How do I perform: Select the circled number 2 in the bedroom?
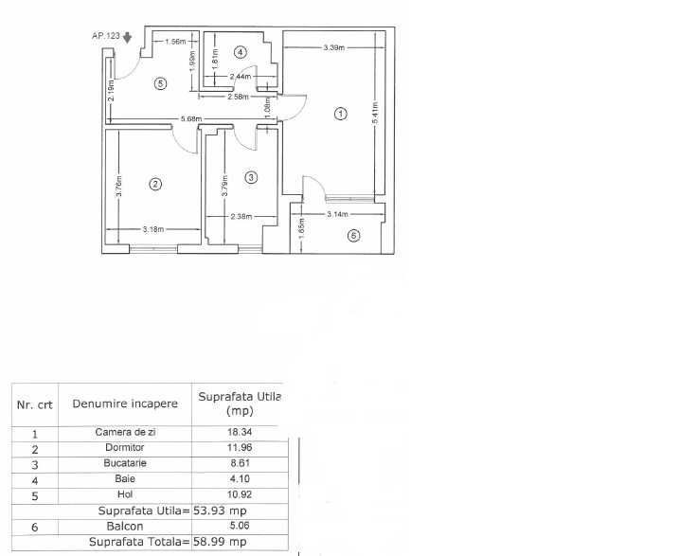tap(155, 185)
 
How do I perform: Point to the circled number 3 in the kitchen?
tap(250, 177)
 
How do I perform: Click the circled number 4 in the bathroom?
tap(241, 51)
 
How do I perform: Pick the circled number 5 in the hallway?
tap(160, 83)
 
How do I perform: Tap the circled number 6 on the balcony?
tap(353, 236)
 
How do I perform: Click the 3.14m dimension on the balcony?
tap(339, 215)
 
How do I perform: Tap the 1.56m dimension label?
tap(173, 42)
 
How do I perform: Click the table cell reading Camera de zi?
tap(124, 432)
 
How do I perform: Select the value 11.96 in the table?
tap(236, 448)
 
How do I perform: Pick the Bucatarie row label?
tap(124, 464)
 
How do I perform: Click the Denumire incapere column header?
tap(124, 404)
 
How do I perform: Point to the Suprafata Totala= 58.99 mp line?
tap(167, 542)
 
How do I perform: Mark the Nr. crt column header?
tap(35, 404)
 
